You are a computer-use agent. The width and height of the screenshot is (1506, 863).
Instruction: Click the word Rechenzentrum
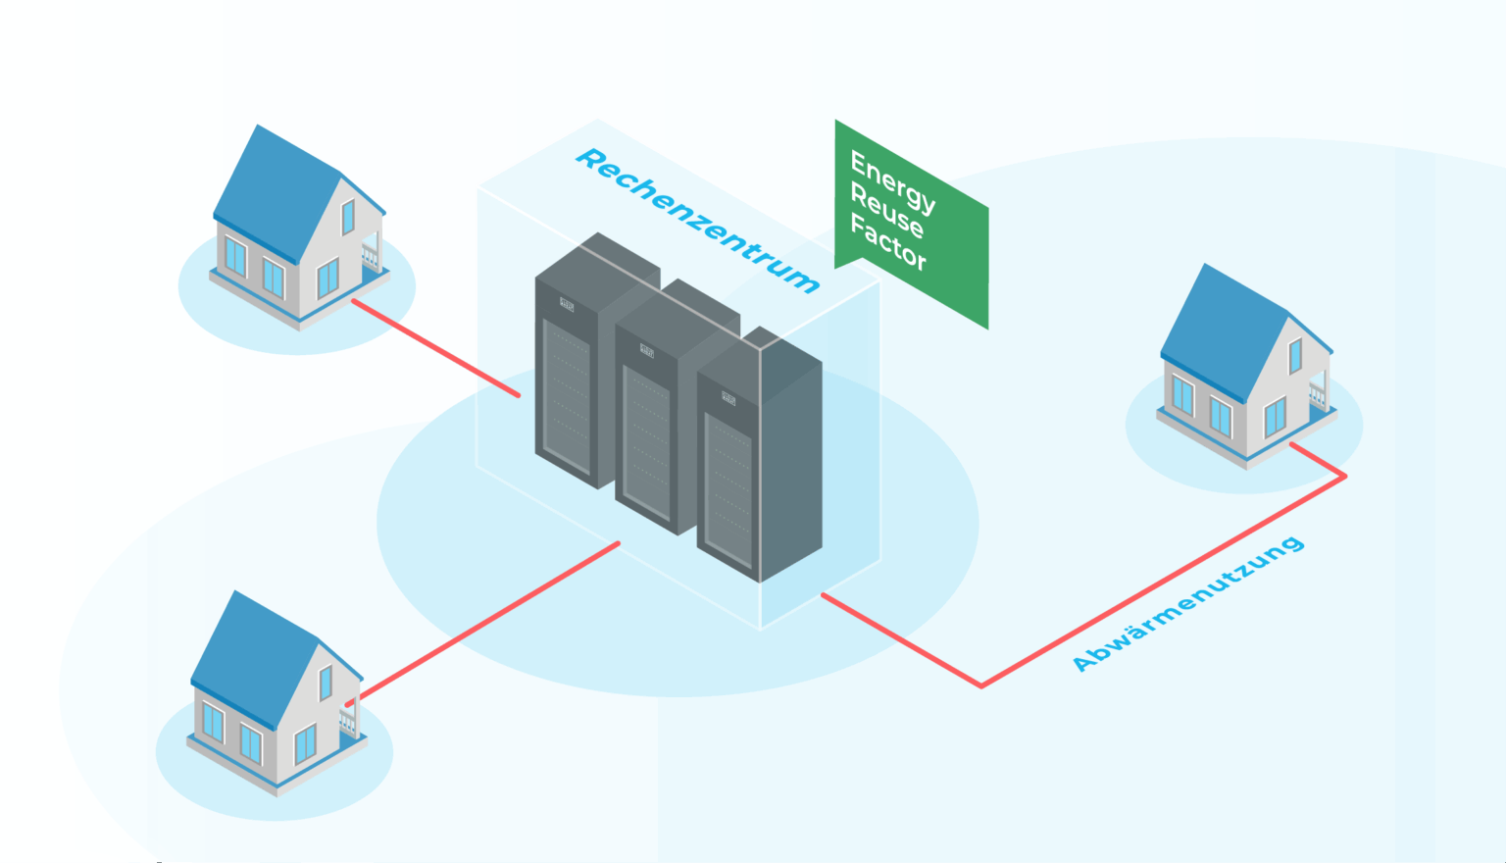(697, 220)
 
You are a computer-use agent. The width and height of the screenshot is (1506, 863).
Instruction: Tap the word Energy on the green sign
(892, 181)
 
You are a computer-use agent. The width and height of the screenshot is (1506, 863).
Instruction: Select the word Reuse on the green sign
(886, 212)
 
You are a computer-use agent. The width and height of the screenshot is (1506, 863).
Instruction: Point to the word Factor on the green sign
(887, 241)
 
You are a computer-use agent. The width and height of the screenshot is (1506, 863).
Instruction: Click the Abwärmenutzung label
(1187, 604)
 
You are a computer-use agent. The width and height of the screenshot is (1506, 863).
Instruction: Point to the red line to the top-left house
(436, 348)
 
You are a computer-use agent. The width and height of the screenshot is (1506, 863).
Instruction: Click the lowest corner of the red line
(980, 685)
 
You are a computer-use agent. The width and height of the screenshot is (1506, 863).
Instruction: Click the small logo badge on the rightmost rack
(728, 398)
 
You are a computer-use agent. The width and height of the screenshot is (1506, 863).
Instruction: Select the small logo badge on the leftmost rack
(567, 304)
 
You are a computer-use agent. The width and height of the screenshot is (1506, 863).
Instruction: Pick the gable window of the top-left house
(348, 217)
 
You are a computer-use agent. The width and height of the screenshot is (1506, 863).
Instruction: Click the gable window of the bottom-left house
(326, 683)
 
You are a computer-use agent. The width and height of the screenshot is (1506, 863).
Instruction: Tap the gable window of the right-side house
(1295, 356)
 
